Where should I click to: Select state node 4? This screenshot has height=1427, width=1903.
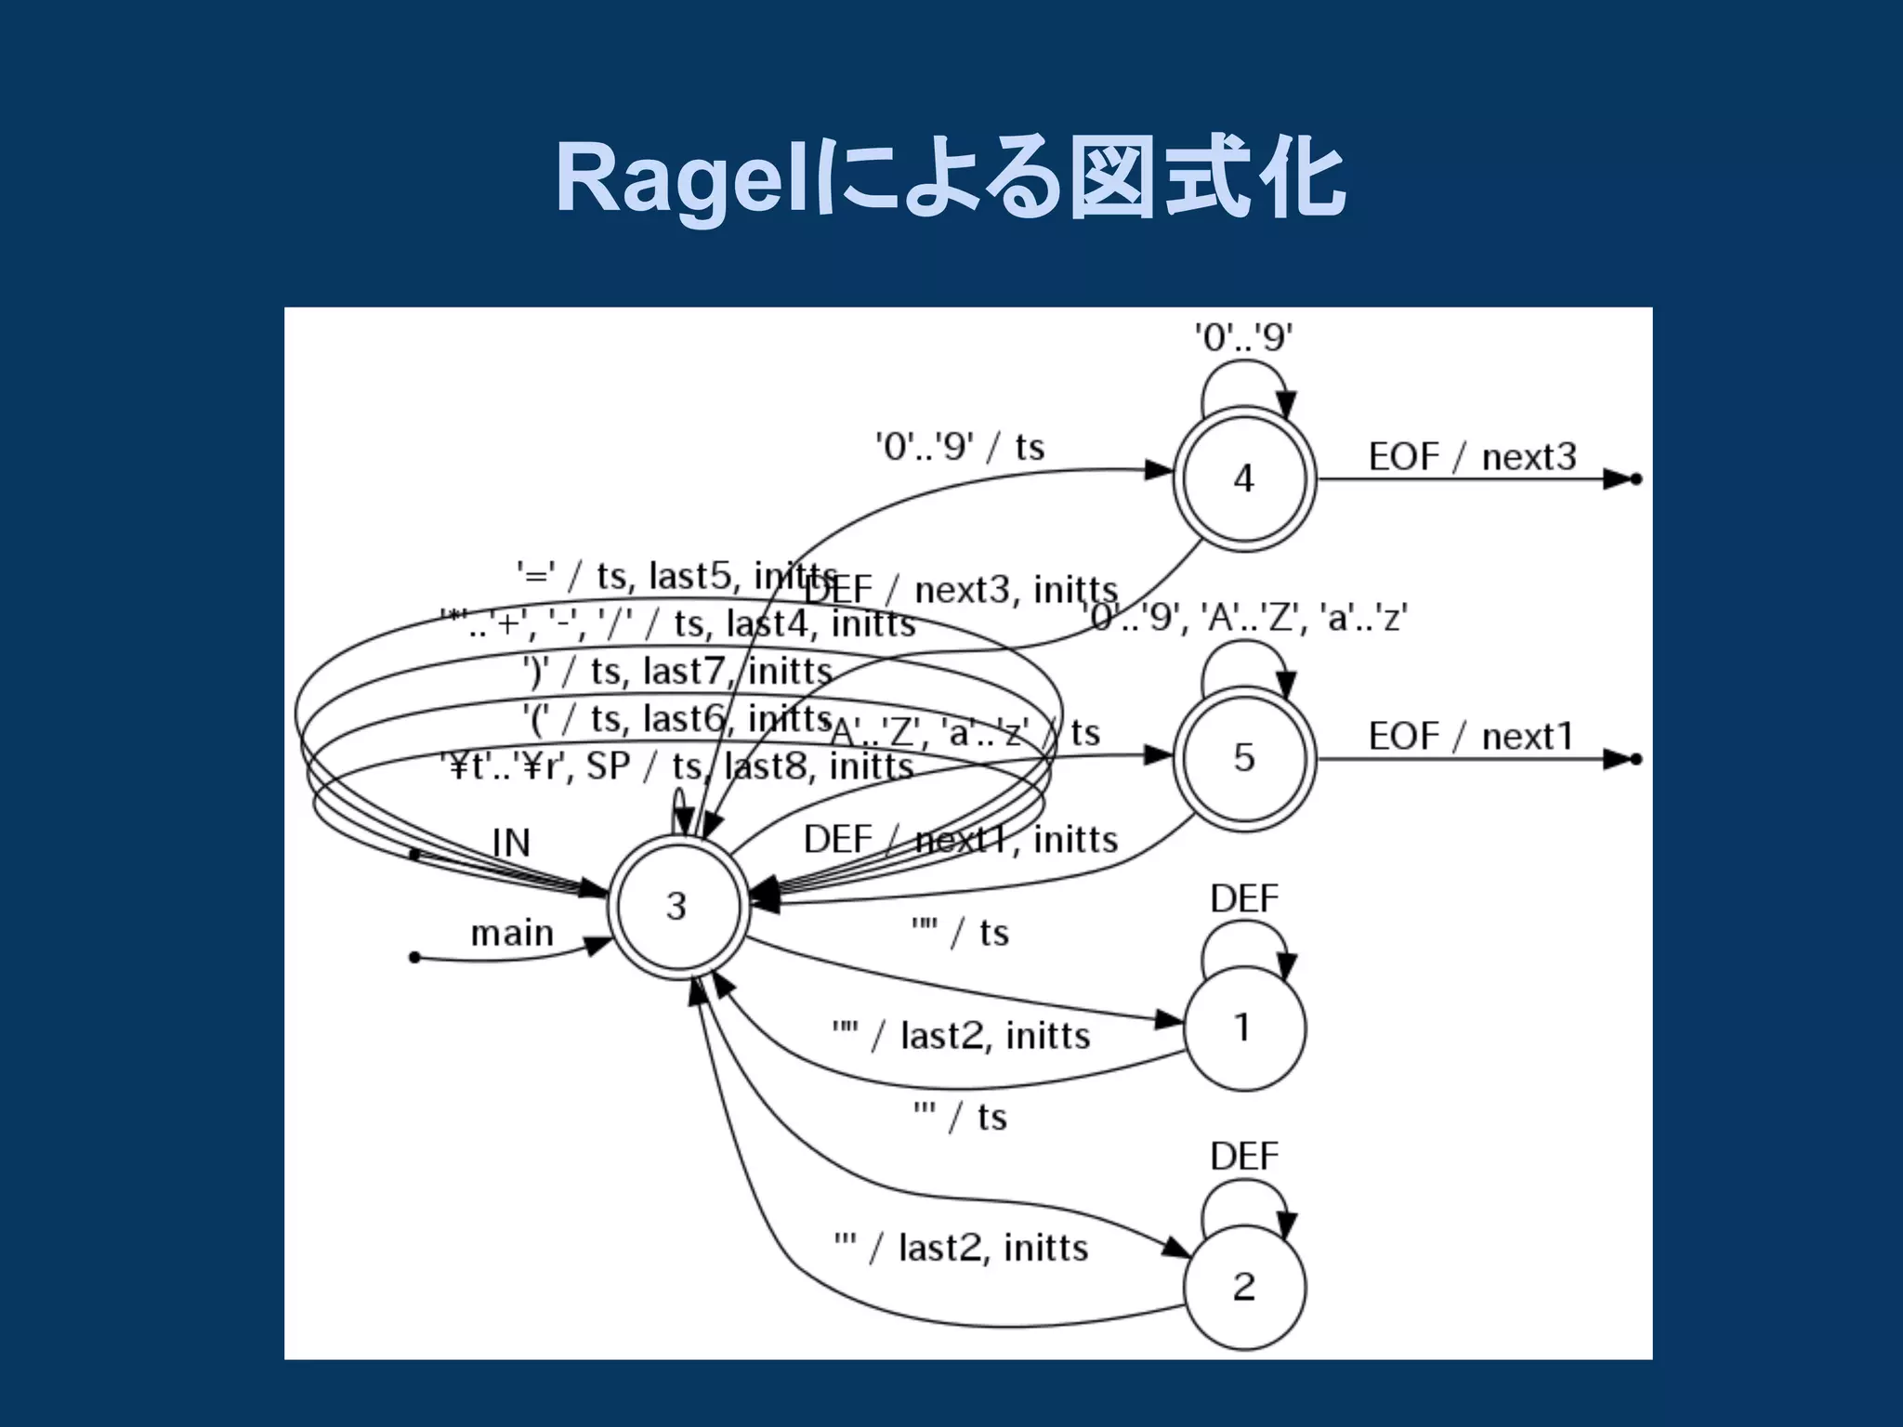(1244, 478)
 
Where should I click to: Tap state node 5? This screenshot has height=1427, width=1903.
(1244, 757)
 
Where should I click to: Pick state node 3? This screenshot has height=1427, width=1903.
(676, 906)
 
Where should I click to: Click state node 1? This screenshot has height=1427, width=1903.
(1243, 1028)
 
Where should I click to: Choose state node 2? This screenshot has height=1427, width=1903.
(1244, 1286)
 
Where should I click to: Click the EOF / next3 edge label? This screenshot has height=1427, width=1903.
(1472, 457)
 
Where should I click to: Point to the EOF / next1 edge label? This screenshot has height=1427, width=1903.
(1471, 737)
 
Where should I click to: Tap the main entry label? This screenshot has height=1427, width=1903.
(512, 933)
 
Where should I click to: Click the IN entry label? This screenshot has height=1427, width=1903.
(511, 844)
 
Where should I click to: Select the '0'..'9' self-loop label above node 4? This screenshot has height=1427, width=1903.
(1243, 337)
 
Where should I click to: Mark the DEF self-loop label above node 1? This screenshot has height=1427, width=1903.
(1244, 898)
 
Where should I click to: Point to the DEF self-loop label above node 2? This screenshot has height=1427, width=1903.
(1244, 1156)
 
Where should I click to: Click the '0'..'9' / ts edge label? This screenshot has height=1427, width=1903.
(960, 447)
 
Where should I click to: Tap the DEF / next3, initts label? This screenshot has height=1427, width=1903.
(961, 590)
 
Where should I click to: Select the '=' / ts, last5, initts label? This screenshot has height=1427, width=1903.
(676, 576)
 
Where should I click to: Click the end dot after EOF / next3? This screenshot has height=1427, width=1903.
(1636, 479)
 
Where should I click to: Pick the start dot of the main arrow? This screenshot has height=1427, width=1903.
(414, 957)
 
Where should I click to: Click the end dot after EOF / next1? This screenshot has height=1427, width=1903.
(1636, 759)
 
